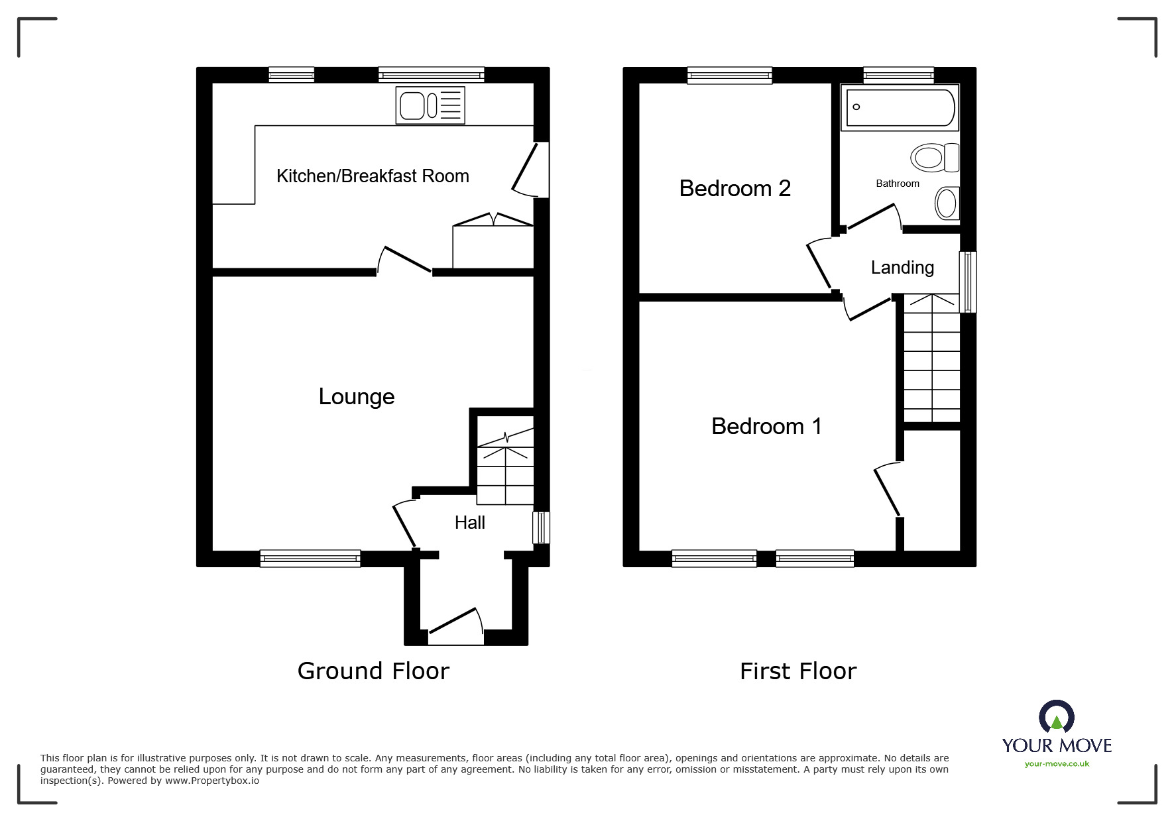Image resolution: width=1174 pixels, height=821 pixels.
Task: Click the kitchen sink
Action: [430, 105]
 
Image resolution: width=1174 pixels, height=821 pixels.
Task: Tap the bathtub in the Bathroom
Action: [900, 107]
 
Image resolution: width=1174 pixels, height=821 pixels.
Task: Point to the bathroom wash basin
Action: [947, 203]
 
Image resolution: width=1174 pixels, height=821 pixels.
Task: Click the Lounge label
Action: [357, 396]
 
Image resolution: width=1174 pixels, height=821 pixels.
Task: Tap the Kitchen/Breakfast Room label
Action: [373, 176]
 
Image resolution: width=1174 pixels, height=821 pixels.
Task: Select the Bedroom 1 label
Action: [766, 426]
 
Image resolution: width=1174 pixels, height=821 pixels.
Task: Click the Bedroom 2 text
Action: [735, 188]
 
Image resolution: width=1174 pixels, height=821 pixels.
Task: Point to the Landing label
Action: [902, 268]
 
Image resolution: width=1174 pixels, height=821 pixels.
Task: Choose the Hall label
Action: [470, 523]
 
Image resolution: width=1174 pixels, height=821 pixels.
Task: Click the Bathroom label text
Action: [898, 184]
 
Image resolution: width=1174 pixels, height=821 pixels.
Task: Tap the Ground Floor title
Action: [373, 671]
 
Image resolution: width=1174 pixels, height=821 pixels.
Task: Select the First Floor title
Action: [798, 671]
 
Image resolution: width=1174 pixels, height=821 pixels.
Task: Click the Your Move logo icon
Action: [1057, 716]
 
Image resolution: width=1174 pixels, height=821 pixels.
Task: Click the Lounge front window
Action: [310, 559]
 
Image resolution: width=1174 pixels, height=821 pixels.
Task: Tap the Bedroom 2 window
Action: [730, 76]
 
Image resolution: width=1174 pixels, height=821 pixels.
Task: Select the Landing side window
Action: [969, 282]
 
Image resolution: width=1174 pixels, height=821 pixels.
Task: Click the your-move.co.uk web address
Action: [1057, 764]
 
